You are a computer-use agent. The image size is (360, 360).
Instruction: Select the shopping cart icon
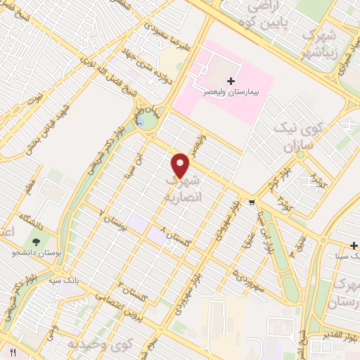click(x=252, y=202)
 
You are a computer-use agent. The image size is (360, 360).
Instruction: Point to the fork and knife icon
click(x=12, y=350)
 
